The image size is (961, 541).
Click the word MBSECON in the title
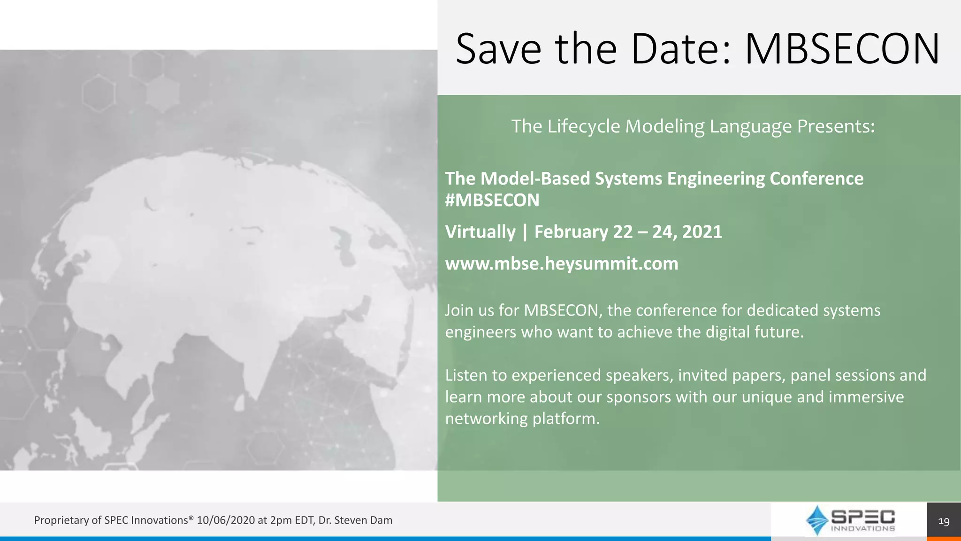tap(842, 49)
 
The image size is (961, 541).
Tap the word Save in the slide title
tap(498, 49)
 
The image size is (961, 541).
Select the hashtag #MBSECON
tap(492, 201)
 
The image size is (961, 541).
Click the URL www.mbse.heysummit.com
tap(562, 263)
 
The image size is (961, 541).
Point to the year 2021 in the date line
tap(702, 232)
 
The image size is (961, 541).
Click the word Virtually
tap(480, 232)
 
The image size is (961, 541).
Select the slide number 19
tap(944, 521)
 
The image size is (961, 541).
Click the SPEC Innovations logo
tap(850, 520)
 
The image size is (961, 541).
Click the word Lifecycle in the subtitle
tap(584, 126)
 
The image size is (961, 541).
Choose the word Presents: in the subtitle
tap(836, 126)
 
